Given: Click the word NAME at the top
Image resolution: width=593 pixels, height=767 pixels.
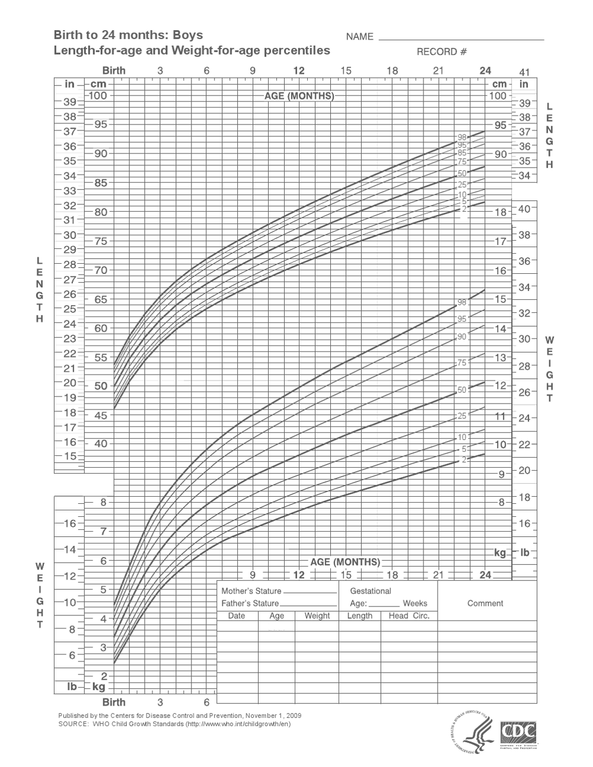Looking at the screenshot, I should coord(359,37).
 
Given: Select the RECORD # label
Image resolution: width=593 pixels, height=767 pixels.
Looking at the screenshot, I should coord(442,52).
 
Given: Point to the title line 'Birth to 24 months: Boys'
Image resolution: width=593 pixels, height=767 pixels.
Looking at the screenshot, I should coord(129,36).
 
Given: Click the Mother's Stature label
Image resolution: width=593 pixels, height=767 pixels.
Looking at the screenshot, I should coord(251,591).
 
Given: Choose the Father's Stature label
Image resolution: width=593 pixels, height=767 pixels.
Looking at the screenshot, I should coord(250,603).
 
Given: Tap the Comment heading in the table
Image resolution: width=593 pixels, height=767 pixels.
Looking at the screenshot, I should coord(485,603).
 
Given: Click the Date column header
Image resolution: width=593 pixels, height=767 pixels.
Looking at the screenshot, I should coord(237,616).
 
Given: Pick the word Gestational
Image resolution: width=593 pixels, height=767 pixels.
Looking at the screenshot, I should coord(371,591).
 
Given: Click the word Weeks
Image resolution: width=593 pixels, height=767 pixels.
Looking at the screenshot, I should coord(415,603).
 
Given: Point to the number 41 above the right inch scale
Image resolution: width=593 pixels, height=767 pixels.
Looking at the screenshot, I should coord(524,72).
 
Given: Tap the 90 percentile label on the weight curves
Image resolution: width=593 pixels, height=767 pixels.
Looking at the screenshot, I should coord(463,337).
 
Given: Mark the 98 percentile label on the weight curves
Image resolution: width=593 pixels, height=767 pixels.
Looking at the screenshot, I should coord(463,302).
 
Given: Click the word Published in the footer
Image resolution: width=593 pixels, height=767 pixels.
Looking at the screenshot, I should coord(74,715).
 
